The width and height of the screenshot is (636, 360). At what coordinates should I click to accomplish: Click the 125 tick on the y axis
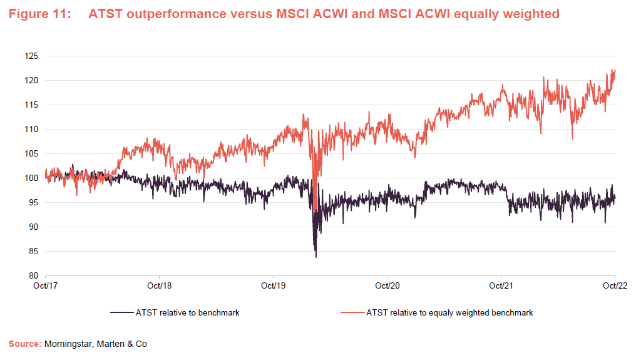(x=31, y=56)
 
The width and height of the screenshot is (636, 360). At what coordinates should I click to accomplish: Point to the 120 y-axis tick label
(x=31, y=81)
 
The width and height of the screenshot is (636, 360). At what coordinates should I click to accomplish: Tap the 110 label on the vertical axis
(x=31, y=130)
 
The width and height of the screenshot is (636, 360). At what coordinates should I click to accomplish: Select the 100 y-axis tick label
(x=31, y=178)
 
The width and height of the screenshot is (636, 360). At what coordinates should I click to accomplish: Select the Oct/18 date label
(x=160, y=285)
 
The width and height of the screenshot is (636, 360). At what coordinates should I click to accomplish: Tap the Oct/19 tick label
(x=274, y=285)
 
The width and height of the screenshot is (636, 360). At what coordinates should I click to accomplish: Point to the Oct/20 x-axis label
(x=387, y=285)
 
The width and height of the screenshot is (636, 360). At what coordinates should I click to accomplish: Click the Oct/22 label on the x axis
(x=615, y=285)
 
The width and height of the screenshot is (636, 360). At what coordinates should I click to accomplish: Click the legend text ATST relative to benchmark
(x=187, y=312)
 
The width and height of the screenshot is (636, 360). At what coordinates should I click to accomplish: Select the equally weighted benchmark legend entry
(x=449, y=312)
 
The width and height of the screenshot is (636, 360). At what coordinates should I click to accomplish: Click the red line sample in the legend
(x=352, y=312)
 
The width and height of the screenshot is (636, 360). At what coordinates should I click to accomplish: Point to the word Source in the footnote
(x=24, y=344)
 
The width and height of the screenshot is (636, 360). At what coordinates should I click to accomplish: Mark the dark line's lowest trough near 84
(x=316, y=257)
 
